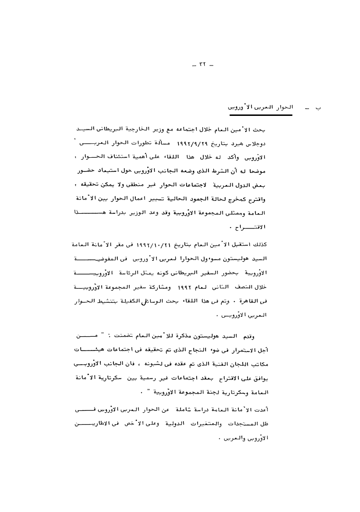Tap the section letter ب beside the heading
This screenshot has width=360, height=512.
[318, 109]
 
